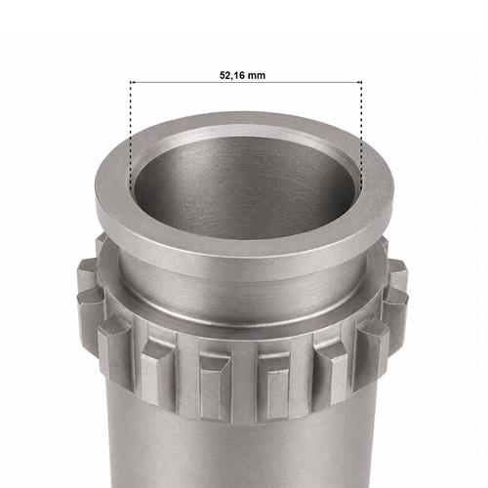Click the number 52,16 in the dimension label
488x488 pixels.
231,75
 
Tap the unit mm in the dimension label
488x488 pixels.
257,76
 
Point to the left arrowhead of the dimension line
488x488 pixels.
132,82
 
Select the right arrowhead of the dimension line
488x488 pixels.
360,82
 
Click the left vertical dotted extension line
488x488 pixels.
131,137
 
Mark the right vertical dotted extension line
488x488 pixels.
361,137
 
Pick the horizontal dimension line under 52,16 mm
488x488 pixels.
246,82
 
